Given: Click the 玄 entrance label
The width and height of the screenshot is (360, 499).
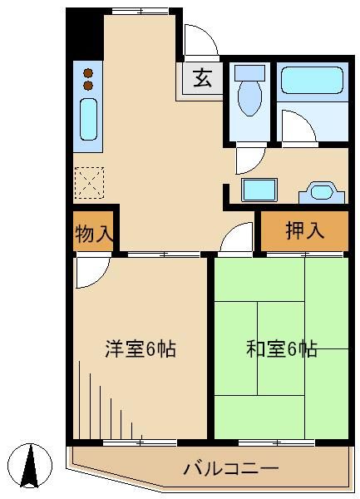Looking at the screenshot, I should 202,80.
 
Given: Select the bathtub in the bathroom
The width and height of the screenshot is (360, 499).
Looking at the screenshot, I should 311,81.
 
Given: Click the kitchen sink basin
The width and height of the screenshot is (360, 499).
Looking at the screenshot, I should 88,120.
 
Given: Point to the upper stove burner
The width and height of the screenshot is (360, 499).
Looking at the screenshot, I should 88,72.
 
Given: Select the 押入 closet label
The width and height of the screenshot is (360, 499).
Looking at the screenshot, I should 304,231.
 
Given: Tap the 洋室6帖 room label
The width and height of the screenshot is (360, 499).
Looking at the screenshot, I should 140,348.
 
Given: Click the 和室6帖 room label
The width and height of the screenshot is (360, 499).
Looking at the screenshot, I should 281,348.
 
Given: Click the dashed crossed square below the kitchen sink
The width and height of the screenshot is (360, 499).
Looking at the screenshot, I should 88,182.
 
